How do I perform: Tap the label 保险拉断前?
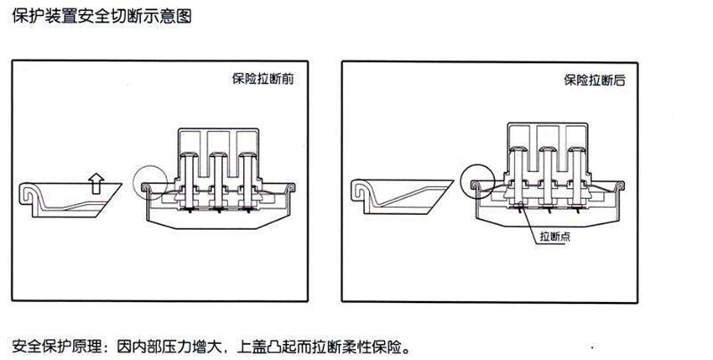[x=263, y=81]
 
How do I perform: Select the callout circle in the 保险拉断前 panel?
[x=150, y=180]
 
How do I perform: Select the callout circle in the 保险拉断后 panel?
[x=477, y=177]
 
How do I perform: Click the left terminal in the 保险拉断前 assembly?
[x=190, y=172]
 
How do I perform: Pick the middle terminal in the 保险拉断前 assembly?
[x=219, y=172]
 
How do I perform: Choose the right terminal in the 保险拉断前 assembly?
[x=247, y=172]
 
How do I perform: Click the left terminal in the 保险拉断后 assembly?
[x=519, y=168]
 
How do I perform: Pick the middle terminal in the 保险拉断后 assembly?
[x=548, y=168]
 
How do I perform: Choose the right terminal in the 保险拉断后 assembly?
[x=576, y=168]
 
